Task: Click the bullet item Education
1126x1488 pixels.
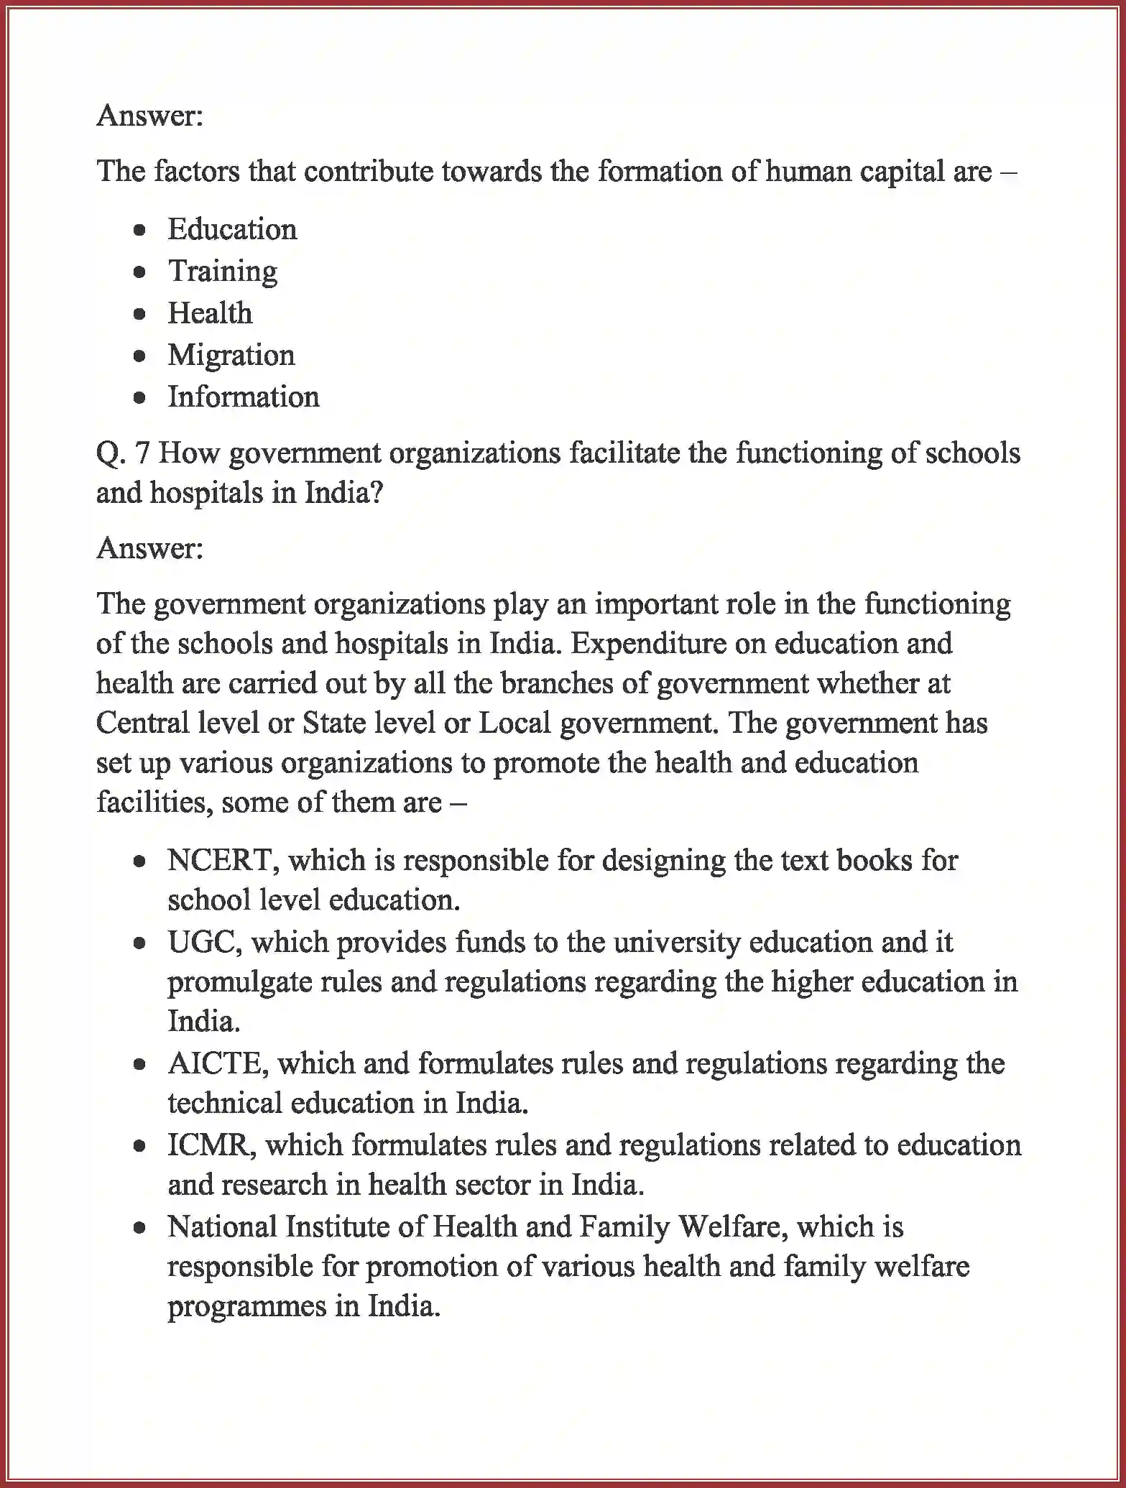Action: click(x=231, y=230)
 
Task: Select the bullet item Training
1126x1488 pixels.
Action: click(x=222, y=272)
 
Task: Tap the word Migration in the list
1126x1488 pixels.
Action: click(x=231, y=356)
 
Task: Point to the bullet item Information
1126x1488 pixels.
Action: click(x=243, y=397)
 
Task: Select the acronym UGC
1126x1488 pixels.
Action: click(x=203, y=942)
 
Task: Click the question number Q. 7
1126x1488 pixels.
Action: click(x=122, y=453)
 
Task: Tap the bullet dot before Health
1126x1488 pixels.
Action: click(x=140, y=314)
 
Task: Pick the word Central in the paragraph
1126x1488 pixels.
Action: click(x=143, y=724)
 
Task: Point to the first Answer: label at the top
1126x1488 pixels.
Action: click(x=150, y=116)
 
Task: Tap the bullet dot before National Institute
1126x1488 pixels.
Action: click(x=140, y=1228)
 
